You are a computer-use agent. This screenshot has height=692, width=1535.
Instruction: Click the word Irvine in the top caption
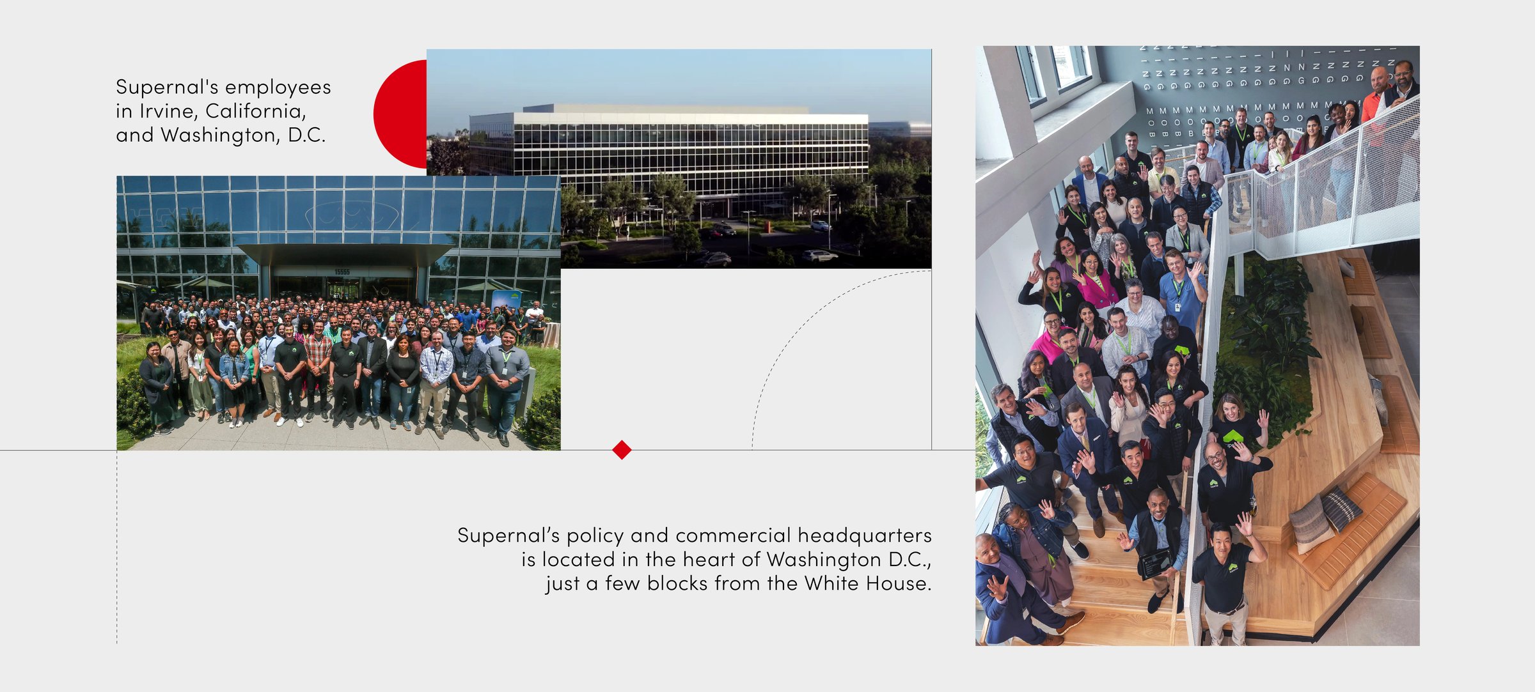tap(169, 111)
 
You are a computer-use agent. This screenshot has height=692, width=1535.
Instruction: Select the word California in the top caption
tap(256, 111)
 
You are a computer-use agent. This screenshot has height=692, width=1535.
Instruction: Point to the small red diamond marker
tap(622, 449)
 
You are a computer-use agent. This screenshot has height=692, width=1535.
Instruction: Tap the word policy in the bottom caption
tap(595, 535)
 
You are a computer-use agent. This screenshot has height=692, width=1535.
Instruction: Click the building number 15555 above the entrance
tap(342, 272)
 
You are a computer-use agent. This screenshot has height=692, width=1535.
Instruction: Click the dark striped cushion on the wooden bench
tap(1341, 509)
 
